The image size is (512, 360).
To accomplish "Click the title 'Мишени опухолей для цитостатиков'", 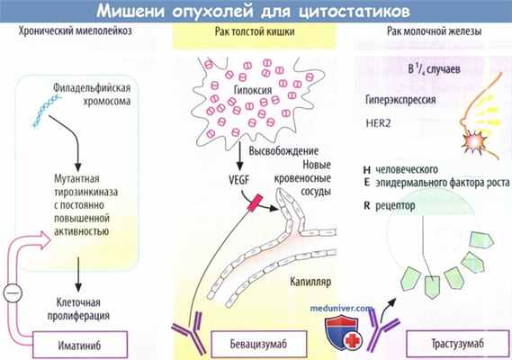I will tap(256, 12).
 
